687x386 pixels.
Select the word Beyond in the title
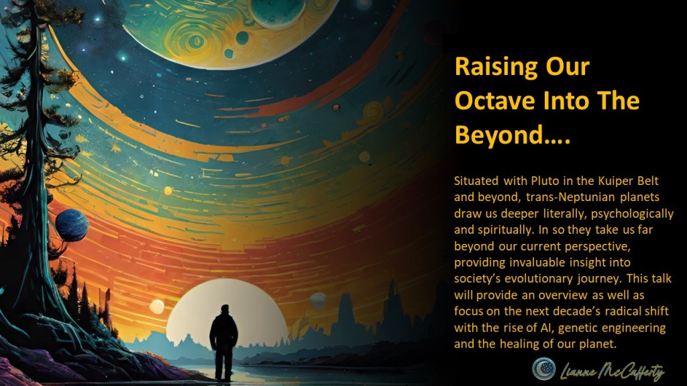pyautogui.click(x=498, y=135)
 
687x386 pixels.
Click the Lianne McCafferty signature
pyautogui.click(x=612, y=372)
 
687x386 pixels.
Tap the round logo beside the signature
pyautogui.click(x=543, y=369)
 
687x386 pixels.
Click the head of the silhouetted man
pyautogui.click(x=225, y=310)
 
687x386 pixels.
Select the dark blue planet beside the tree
pyautogui.click(x=72, y=225)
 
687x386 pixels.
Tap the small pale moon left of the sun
pyautogui.click(x=156, y=306)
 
